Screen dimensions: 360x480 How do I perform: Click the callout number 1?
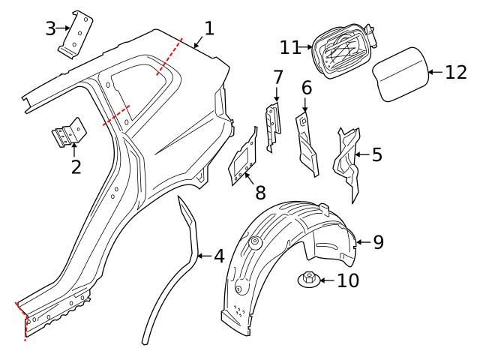pos(209,28)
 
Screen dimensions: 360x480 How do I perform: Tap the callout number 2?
pos(76,166)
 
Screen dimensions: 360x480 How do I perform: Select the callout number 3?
pos(50,28)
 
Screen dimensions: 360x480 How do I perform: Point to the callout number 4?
pos(218,256)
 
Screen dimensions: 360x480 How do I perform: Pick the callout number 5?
pos(376,154)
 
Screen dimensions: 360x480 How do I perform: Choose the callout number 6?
pos(307,88)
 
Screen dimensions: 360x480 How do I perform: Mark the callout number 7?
pos(277,76)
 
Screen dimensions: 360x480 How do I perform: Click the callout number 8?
pos(260,192)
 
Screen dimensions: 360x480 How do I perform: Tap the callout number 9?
pos(378,241)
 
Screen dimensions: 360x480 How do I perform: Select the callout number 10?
pos(348,280)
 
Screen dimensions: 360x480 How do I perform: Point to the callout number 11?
pos(290,47)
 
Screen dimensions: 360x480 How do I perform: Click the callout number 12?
pos(455,72)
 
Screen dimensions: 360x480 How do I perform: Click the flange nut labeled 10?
pos(307,280)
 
